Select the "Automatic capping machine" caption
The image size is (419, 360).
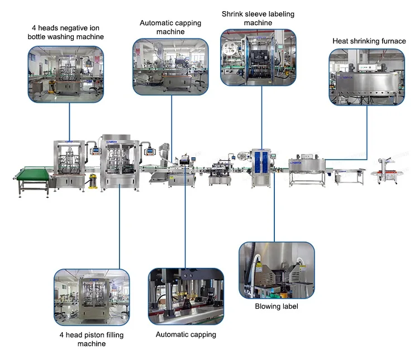(170, 27)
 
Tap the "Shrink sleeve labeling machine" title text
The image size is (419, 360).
(258, 18)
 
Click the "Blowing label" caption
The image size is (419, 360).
(276, 306)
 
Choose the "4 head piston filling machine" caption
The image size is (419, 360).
(92, 339)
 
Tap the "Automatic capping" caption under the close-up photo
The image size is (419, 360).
(185, 334)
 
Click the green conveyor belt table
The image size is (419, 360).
(31, 174)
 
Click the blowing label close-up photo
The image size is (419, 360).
(276, 270)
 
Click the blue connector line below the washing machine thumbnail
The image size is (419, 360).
(70, 120)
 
